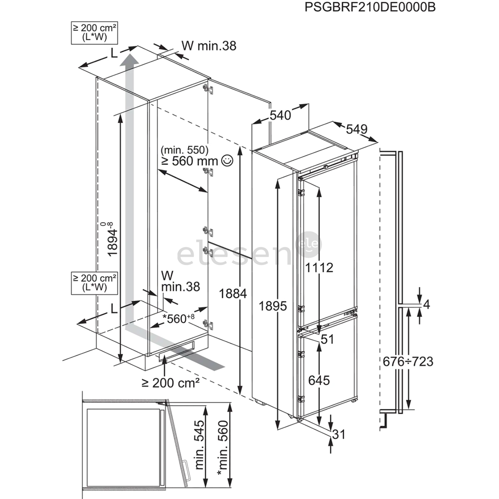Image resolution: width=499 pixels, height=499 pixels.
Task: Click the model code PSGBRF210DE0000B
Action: pos(370,7)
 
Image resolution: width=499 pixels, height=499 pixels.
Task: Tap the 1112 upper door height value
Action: pos(319,267)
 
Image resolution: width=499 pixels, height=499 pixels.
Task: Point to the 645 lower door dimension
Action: pos(319,380)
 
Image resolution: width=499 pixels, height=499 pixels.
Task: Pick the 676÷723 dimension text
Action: pos(408,361)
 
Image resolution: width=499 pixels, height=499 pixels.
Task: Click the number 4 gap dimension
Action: pos(426,304)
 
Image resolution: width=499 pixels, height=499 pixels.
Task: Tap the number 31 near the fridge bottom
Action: pos(339,434)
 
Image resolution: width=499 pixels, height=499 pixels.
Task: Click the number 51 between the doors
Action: pos(327,339)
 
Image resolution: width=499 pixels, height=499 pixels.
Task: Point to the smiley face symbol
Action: pos(227,161)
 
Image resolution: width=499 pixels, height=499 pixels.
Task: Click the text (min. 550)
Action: pos(184,150)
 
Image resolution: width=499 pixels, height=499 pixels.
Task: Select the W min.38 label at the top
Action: pos(208,45)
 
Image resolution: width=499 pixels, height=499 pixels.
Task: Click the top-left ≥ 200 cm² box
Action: pos(94,32)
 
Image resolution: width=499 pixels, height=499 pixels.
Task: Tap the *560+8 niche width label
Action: pos(182,318)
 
